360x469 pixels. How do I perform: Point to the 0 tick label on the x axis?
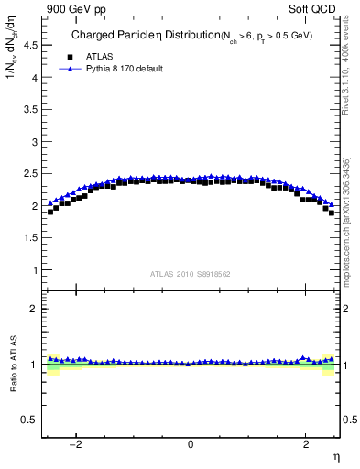pyautogui.click(x=191, y=444)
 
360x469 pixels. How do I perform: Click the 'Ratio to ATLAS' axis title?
pyautogui.click(x=13, y=365)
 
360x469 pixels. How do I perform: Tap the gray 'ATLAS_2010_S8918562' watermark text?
pyautogui.click(x=191, y=274)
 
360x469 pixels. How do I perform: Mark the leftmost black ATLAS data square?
pyautogui.click(x=50, y=212)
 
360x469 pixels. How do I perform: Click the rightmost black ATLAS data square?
pyautogui.click(x=332, y=213)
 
